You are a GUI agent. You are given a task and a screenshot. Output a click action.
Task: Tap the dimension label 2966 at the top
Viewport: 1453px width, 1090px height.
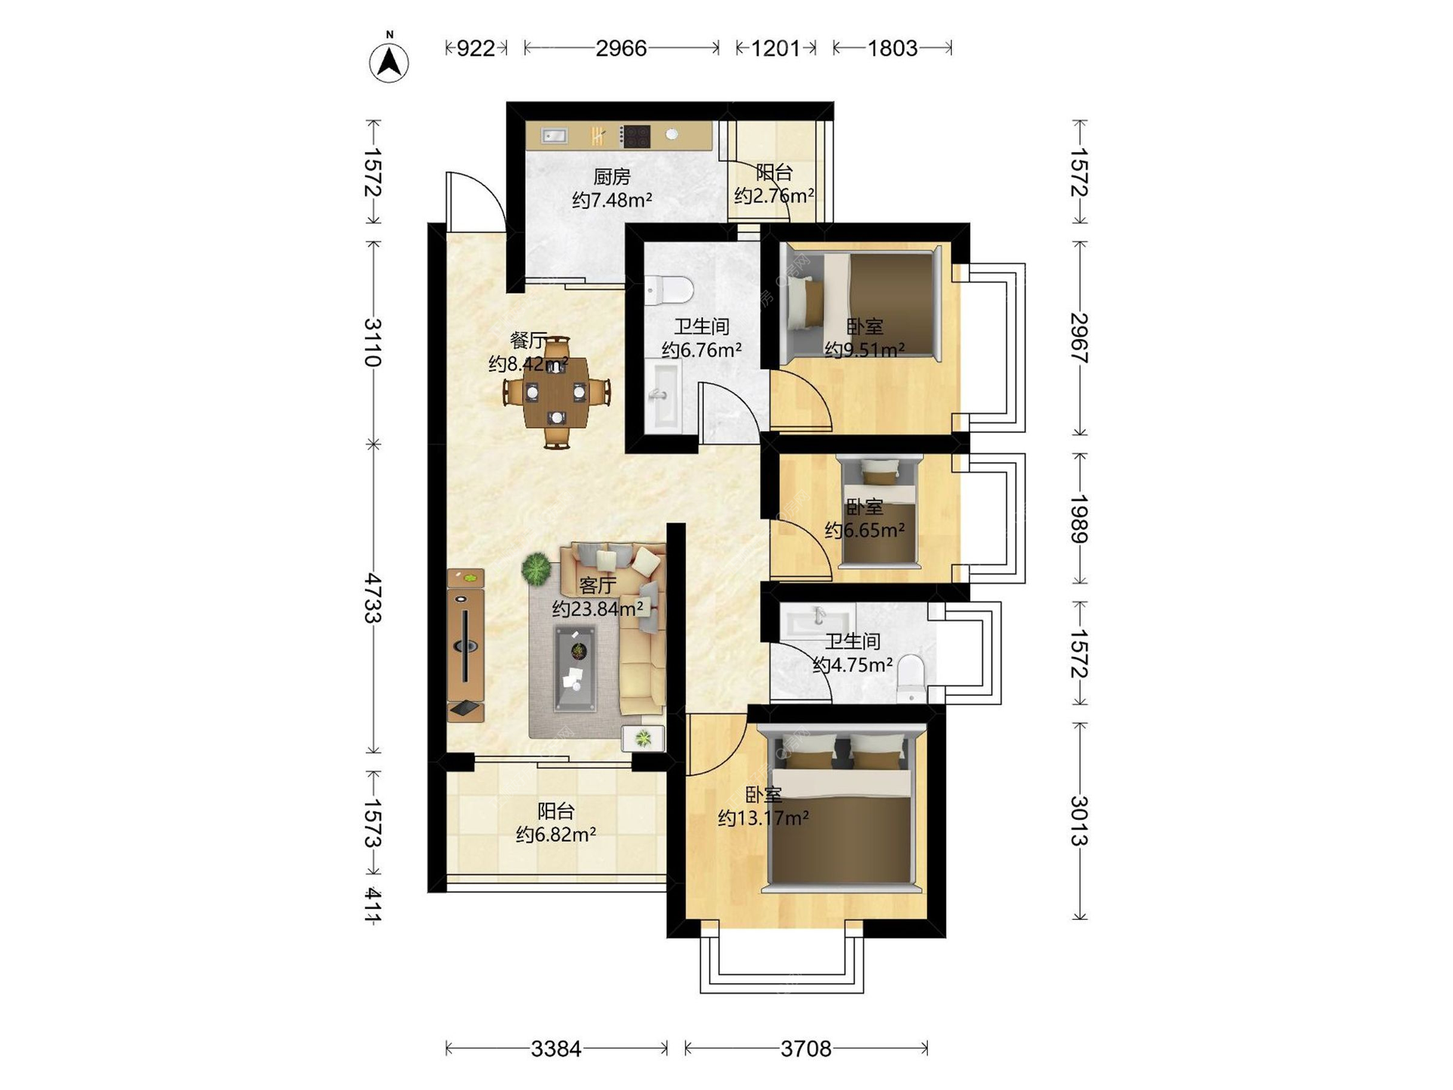(x=621, y=48)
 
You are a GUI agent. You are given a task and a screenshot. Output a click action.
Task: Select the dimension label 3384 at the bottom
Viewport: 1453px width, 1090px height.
(x=556, y=1048)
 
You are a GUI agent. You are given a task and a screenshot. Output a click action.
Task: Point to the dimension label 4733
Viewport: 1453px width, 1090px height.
(x=372, y=598)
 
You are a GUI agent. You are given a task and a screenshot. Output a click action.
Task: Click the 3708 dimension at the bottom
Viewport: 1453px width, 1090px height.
(x=806, y=1048)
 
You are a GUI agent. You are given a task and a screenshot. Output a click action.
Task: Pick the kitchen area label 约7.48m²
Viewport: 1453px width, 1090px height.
(x=612, y=200)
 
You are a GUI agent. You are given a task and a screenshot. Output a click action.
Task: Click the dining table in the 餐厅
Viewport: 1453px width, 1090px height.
(x=557, y=393)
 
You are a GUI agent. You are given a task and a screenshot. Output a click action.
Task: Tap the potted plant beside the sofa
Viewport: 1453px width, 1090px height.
(x=537, y=568)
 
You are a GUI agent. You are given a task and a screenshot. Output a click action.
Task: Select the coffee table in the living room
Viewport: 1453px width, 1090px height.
(x=575, y=669)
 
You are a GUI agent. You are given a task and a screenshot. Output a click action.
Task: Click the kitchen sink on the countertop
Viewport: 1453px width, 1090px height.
(x=554, y=136)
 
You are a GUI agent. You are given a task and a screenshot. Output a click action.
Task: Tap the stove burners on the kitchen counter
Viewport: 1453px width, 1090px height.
(x=636, y=136)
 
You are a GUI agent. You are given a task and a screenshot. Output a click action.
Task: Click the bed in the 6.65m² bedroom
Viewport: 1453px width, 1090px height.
(x=879, y=510)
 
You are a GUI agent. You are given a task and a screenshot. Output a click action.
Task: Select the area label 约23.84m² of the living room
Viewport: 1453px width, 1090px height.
(x=598, y=609)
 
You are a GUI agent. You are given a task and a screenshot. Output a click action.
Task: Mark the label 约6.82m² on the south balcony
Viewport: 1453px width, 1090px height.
(x=556, y=834)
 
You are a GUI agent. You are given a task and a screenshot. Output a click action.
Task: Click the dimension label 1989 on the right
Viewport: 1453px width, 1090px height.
(x=1079, y=519)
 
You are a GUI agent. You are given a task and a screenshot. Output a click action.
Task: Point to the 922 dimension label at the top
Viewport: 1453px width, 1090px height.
(x=476, y=48)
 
